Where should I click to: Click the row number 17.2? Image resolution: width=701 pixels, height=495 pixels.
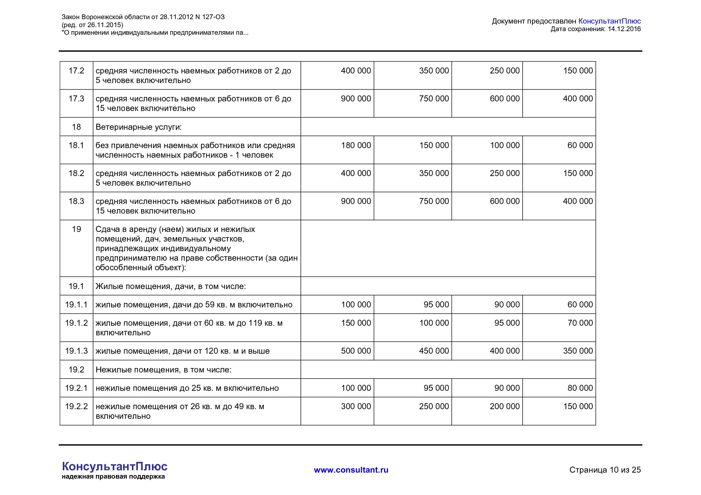[76, 71]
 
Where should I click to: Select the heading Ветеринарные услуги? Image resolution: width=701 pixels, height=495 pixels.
[138, 127]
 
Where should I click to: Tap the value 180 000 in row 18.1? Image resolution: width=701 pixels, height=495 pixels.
[356, 145]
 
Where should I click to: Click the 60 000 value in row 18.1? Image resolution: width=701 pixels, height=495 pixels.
[580, 145]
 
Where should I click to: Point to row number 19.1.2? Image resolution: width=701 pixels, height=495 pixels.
[76, 323]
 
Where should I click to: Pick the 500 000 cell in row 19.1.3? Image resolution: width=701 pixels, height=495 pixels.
[356, 351]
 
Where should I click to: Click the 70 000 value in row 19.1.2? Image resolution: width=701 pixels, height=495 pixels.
[580, 323]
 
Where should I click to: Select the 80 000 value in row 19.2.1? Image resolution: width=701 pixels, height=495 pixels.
[580, 388]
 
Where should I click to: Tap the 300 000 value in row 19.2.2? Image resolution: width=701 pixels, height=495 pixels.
[356, 406]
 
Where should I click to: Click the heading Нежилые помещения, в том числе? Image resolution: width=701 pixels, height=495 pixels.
[163, 370]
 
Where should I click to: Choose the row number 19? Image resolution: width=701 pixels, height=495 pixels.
[76, 229]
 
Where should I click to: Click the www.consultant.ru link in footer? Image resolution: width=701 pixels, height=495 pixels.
[351, 470]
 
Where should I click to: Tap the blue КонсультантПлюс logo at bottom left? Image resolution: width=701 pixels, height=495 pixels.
[115, 466]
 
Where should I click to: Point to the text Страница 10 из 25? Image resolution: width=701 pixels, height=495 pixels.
[605, 470]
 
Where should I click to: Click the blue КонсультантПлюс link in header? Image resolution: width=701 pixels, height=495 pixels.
[609, 21]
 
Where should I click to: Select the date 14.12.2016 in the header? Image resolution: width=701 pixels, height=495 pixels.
[624, 29]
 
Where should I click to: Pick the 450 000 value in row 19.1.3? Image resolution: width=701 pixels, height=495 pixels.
[434, 351]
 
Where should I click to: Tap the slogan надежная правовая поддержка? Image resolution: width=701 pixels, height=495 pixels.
[113, 477]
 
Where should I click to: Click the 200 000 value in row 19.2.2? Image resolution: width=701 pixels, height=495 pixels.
[504, 406]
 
